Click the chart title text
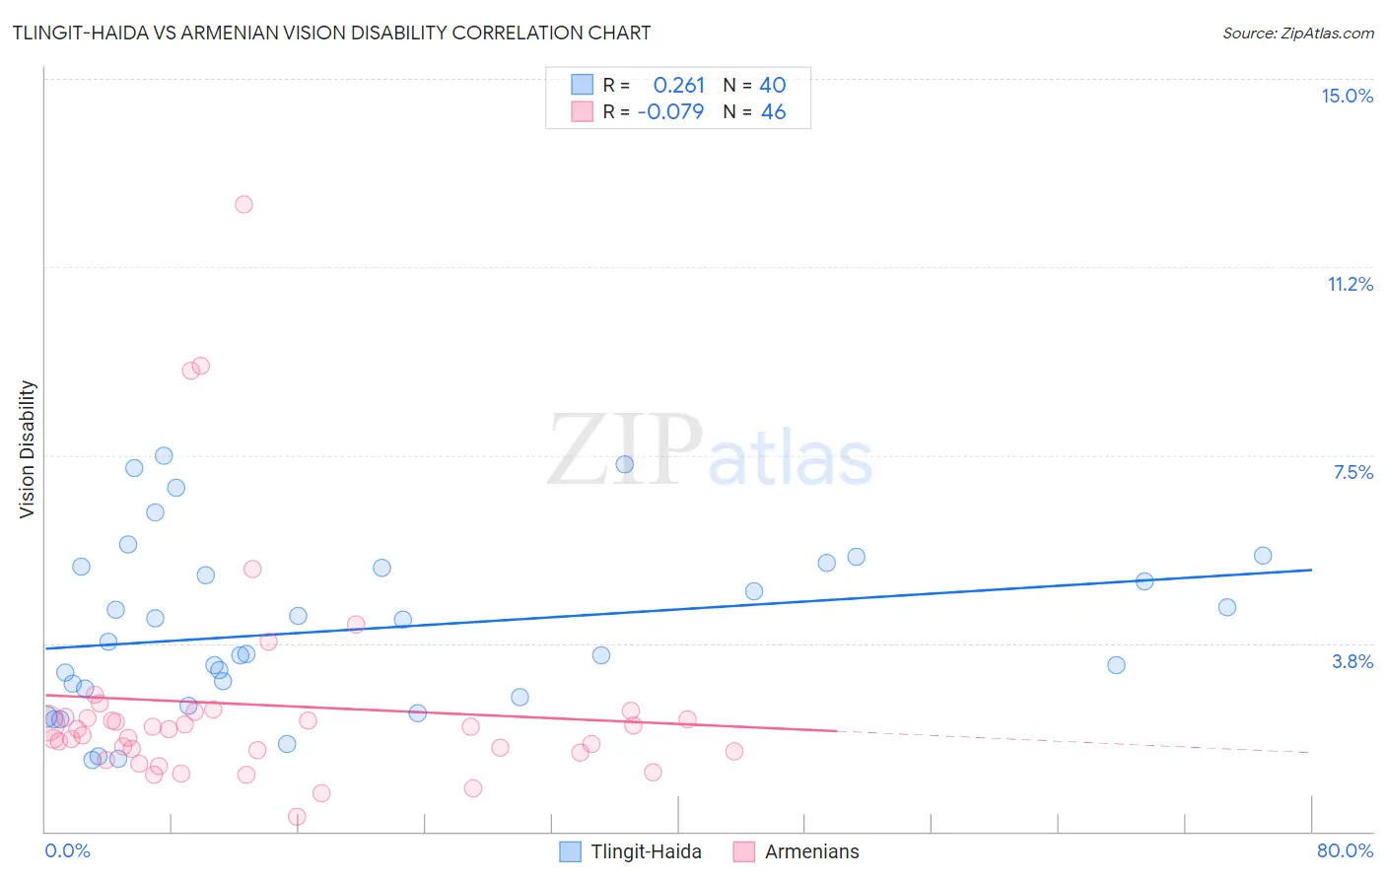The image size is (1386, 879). pos(331,33)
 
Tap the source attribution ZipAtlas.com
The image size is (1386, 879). pos(1297,33)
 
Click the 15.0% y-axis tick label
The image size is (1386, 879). pos(1347,96)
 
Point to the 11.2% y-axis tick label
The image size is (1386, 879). pos(1350,284)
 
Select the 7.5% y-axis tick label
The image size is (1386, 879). pos(1352,472)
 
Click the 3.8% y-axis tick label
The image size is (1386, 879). pos(1352,661)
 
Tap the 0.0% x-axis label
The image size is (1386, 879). pos(67,850)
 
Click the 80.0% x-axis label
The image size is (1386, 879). pos(1345,850)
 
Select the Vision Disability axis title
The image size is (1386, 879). pos(28,449)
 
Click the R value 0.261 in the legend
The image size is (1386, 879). pos(678,86)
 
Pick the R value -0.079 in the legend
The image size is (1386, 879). pos(670,112)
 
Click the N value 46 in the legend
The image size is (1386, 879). pos(773,112)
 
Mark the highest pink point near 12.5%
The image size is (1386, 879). pos(243,205)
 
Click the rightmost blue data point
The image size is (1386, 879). pos(1263,556)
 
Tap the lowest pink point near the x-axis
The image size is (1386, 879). pos(297,817)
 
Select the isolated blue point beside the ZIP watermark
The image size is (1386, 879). pos(624,464)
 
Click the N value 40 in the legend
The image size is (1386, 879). pos(773,86)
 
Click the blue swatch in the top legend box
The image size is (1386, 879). pos(582,85)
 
